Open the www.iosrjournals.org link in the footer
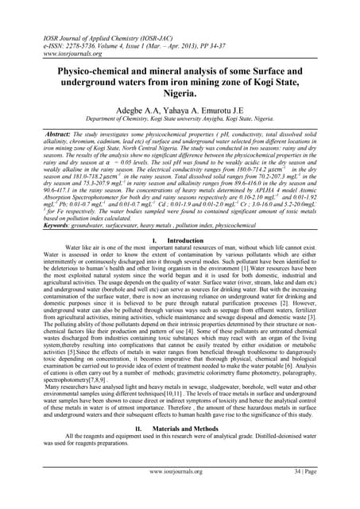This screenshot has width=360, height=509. point(180,494)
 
